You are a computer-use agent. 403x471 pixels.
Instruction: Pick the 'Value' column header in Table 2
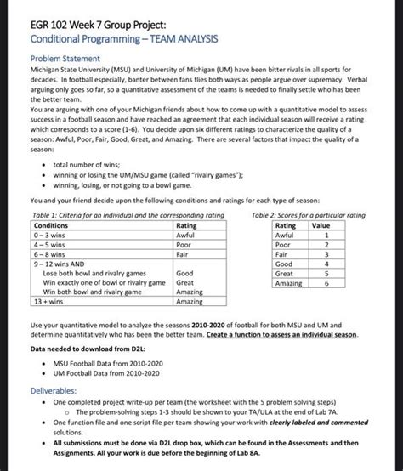[321, 225]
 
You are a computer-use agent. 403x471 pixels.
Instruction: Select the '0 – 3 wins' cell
[49, 235]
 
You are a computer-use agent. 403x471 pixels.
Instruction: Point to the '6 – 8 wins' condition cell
[49, 253]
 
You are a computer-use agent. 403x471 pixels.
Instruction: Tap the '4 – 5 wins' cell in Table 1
[49, 244]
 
